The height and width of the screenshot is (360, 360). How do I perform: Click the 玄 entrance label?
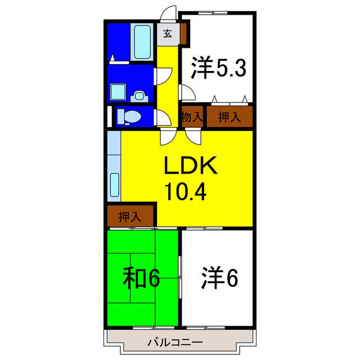[x=168, y=34]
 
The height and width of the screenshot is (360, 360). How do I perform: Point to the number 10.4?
[x=186, y=192]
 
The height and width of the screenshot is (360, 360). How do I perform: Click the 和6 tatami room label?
[x=142, y=278]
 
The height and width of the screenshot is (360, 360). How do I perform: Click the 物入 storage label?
[x=191, y=117]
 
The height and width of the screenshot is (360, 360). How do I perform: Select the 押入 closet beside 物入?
[x=228, y=117]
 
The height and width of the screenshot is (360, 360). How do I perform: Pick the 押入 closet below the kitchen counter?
[x=130, y=216]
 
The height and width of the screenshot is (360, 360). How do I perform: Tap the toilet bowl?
[x=132, y=117]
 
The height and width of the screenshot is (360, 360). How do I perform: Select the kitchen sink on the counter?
[x=114, y=186]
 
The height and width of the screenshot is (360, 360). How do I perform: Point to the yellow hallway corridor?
[x=166, y=84]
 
